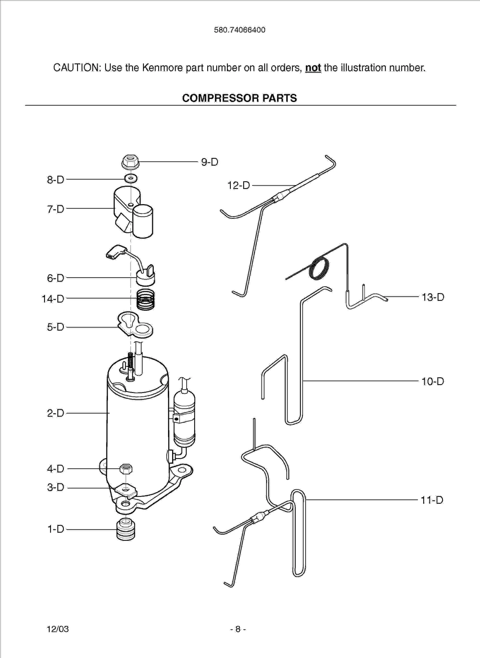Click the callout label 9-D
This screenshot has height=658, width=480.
(210, 162)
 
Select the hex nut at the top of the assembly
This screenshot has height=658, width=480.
(130, 162)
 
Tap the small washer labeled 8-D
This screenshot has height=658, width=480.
(131, 178)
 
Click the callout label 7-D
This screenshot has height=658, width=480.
(56, 209)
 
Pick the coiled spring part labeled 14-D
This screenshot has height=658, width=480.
(145, 299)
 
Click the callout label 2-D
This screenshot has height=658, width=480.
(56, 413)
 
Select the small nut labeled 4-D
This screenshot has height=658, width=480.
(126, 469)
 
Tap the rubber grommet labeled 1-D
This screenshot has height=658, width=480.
(126, 529)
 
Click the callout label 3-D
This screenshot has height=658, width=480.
(56, 487)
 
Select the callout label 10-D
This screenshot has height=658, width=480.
(432, 382)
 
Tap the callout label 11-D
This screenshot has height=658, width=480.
(432, 500)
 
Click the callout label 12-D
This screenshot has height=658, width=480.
(239, 185)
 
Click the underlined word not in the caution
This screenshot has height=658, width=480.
(313, 68)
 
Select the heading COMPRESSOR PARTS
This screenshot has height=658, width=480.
(240, 98)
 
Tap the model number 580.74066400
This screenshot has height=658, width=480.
(240, 30)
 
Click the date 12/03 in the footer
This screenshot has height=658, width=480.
(58, 629)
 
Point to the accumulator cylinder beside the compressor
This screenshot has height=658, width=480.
(184, 418)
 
